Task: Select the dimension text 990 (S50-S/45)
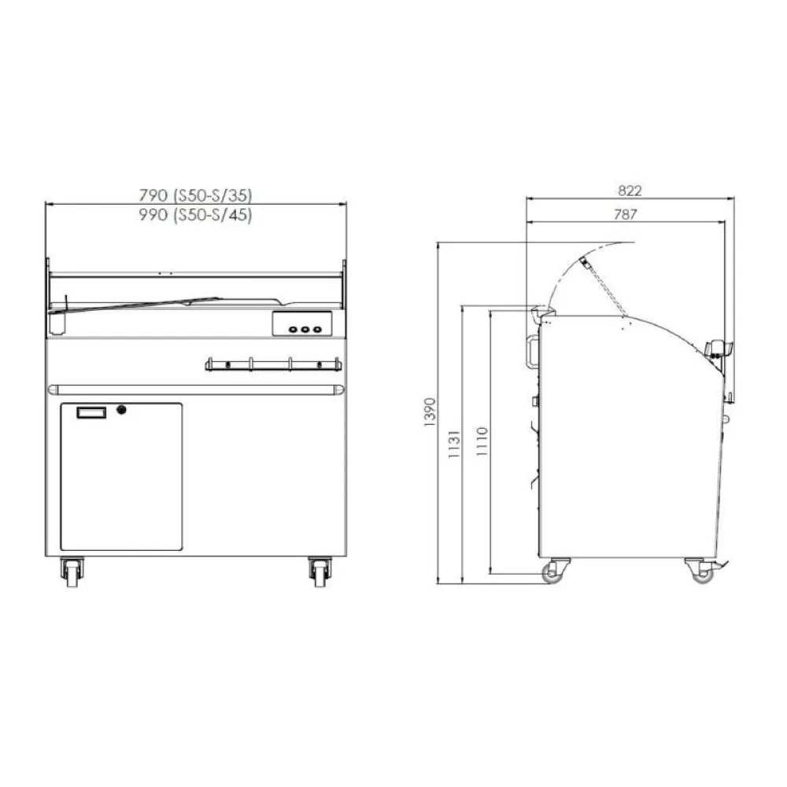(x=195, y=214)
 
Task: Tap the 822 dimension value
(x=630, y=190)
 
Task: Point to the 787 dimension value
(x=626, y=213)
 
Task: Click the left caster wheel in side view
(x=556, y=571)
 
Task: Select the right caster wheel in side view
(x=700, y=571)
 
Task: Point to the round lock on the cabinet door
(x=121, y=409)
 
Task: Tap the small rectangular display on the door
(x=90, y=412)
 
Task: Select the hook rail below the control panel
(x=273, y=364)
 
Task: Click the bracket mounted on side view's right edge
(x=719, y=350)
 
